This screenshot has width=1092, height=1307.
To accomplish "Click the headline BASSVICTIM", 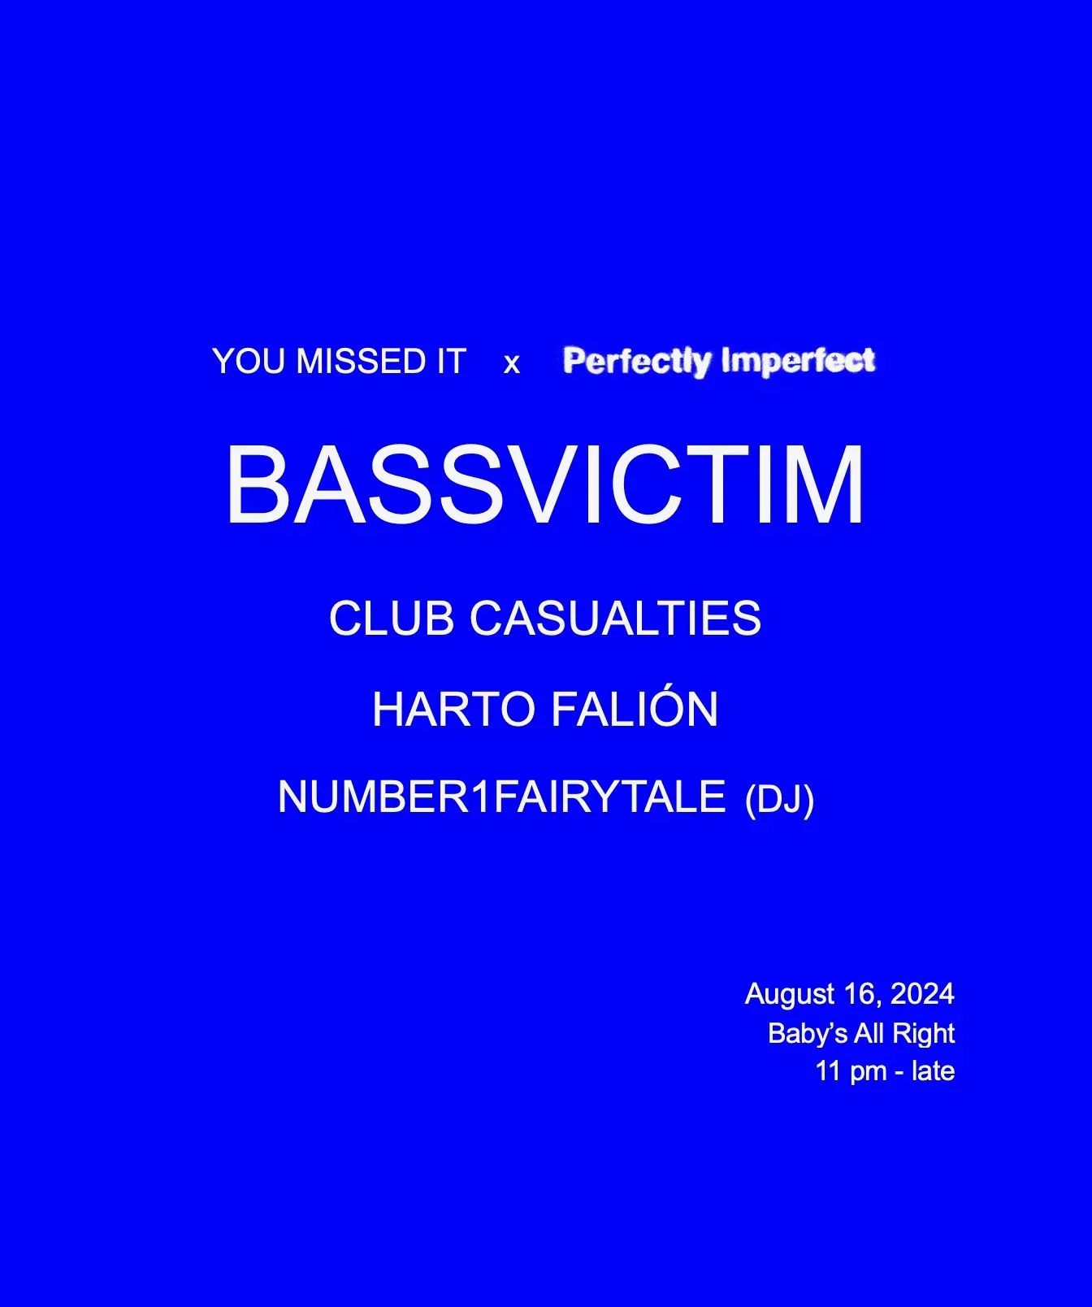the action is click(x=545, y=485).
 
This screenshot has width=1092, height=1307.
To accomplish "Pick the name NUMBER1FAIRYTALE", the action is click(x=501, y=797).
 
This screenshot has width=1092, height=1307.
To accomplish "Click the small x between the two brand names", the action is click(x=511, y=364).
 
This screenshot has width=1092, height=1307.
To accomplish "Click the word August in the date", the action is click(x=790, y=995).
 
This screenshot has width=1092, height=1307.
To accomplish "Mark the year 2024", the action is click(x=922, y=994).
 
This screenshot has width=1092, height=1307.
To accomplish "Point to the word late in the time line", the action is click(x=933, y=1071).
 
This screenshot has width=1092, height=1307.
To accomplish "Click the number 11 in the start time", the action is click(x=828, y=1071).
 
